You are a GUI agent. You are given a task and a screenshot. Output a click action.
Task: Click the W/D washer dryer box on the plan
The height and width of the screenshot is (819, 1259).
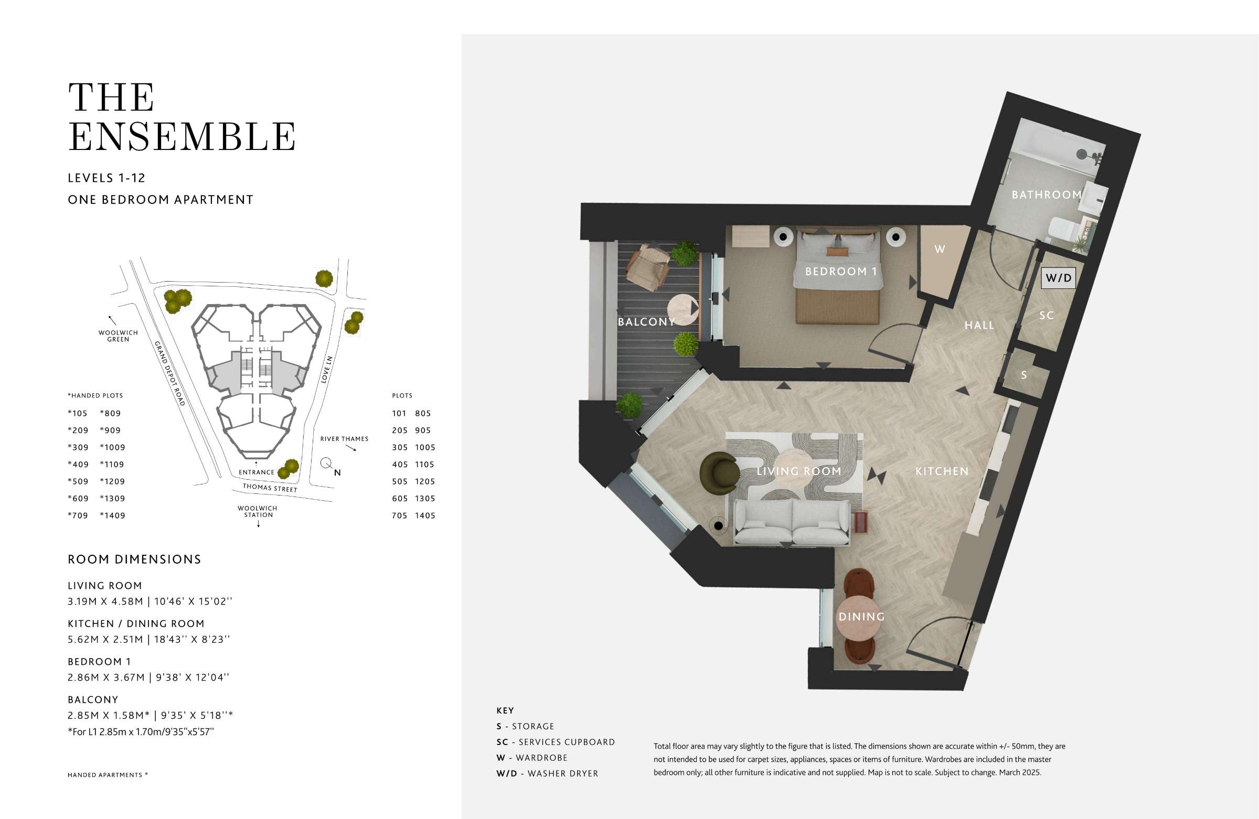pos(1058,278)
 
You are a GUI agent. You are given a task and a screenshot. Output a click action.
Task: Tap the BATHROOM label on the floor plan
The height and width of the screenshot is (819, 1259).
pos(1047,195)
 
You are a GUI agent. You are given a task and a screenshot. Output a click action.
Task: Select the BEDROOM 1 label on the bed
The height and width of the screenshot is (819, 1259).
pos(841,272)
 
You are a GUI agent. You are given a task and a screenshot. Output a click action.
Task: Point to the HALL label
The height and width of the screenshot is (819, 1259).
pos(979,325)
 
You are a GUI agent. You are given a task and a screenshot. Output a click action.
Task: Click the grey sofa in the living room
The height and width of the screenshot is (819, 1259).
pos(792,521)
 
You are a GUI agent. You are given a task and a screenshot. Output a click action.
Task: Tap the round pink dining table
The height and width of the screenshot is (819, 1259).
pos(860,618)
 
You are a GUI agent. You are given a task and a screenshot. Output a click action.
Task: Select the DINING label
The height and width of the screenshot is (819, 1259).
pos(862,617)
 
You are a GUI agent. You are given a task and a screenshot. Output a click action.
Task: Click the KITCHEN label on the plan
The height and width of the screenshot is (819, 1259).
pos(942,471)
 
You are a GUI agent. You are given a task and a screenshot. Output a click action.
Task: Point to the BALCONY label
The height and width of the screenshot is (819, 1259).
pos(646,322)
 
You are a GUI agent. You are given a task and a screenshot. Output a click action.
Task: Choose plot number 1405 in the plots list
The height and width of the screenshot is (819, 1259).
pos(425,515)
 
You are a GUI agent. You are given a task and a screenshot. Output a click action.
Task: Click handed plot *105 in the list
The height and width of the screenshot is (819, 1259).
pos(78,414)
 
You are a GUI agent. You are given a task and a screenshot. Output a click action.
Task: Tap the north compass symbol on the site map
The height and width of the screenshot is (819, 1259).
pos(330,466)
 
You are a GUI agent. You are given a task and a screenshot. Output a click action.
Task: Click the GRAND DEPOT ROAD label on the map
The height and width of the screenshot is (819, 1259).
pos(170,373)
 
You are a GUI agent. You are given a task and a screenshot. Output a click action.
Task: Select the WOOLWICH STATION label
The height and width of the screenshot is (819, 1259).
pos(258,511)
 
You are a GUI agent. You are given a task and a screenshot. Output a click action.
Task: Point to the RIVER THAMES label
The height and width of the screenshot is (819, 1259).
pos(344,439)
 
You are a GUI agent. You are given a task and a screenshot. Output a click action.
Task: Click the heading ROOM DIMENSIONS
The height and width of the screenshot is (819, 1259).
pos(134,559)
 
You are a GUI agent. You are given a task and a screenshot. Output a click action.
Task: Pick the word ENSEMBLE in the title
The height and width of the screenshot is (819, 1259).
pos(182,136)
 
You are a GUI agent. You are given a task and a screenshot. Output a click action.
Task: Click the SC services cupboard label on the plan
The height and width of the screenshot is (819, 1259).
pos(1047,316)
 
